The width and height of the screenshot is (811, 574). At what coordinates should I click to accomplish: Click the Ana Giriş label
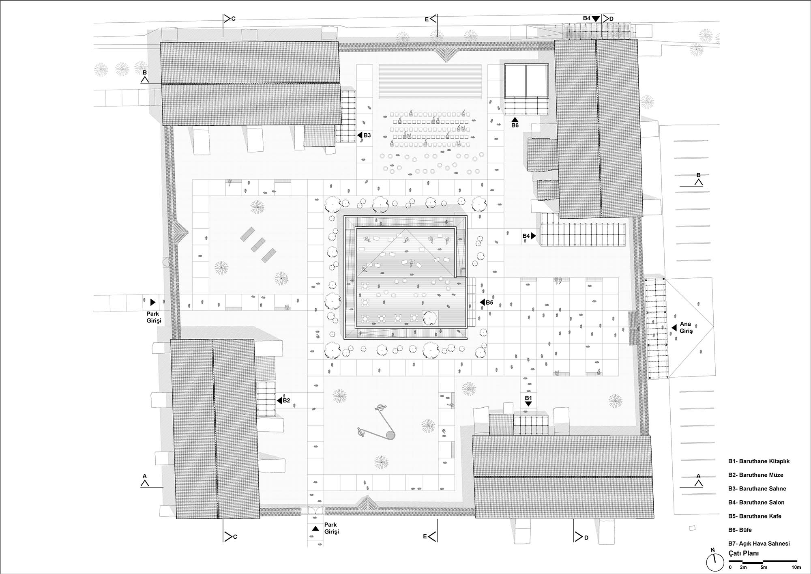[687, 327]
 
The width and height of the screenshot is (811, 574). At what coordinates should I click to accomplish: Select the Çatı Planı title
[744, 553]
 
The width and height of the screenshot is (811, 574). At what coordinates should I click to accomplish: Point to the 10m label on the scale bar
[796, 567]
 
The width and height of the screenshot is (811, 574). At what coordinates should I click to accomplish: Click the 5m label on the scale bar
[764, 567]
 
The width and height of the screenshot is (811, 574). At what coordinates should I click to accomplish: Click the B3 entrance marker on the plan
[364, 135]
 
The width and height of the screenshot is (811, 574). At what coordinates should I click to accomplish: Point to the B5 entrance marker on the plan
[486, 302]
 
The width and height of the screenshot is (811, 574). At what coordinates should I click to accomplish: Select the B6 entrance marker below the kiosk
[515, 123]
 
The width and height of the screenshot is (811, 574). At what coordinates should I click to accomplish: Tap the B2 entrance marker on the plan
[283, 400]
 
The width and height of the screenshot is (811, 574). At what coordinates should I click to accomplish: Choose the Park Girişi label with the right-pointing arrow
[154, 317]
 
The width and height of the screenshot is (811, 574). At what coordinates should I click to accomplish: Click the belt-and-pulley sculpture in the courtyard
[377, 422]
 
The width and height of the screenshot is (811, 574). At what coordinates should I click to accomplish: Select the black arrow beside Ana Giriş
[674, 327]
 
